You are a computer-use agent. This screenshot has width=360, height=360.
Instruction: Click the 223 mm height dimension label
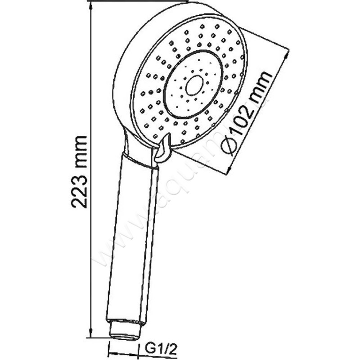(x=80, y=171)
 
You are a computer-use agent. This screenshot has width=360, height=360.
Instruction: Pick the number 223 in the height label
(x=80, y=191)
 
